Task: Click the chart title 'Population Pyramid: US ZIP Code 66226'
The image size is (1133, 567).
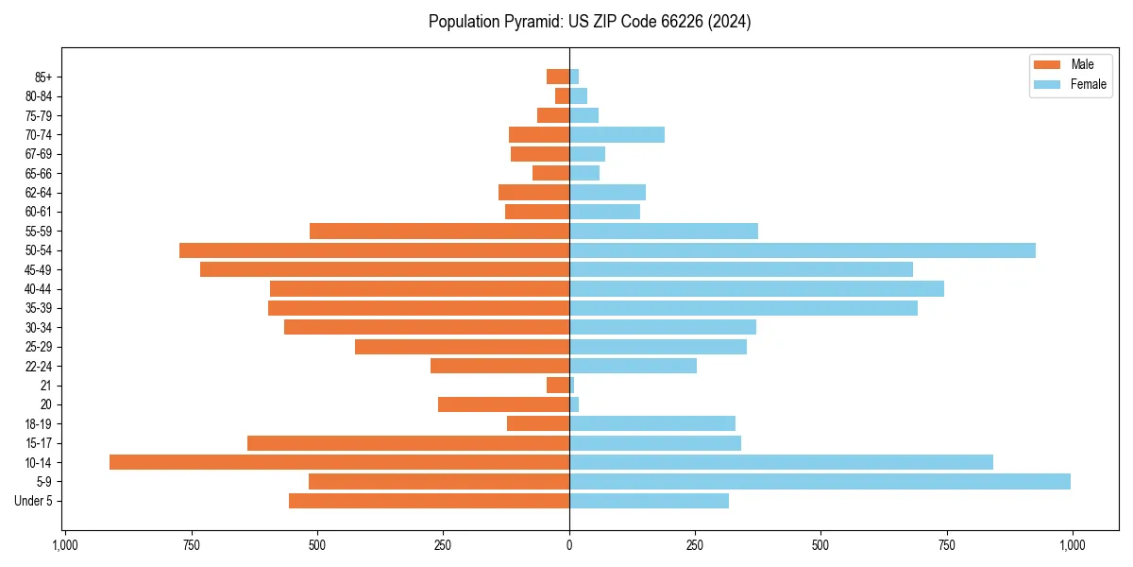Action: [x=589, y=22]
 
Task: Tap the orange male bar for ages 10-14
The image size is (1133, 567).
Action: [x=339, y=462]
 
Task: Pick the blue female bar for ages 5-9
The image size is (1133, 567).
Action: [x=820, y=482]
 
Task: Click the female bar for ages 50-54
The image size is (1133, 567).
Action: [x=802, y=250]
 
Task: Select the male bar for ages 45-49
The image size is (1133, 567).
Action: [x=384, y=269]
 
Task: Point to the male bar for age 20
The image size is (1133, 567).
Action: [x=503, y=404]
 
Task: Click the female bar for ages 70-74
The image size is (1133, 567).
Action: [x=617, y=134]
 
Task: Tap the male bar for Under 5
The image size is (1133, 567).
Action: [x=429, y=501]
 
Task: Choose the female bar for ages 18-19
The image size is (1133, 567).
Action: [x=651, y=423]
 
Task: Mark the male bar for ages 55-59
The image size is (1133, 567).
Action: [x=439, y=231]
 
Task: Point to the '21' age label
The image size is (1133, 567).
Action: [x=45, y=386]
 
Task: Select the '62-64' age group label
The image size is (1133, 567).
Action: [x=38, y=193]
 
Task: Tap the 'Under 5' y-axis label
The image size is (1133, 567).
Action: [x=33, y=501]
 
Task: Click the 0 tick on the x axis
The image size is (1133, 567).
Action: [x=569, y=545]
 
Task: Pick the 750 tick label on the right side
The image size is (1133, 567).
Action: [x=946, y=545]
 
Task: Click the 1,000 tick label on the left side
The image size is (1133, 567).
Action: [x=65, y=545]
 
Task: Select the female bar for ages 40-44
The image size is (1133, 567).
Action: [x=756, y=288]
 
